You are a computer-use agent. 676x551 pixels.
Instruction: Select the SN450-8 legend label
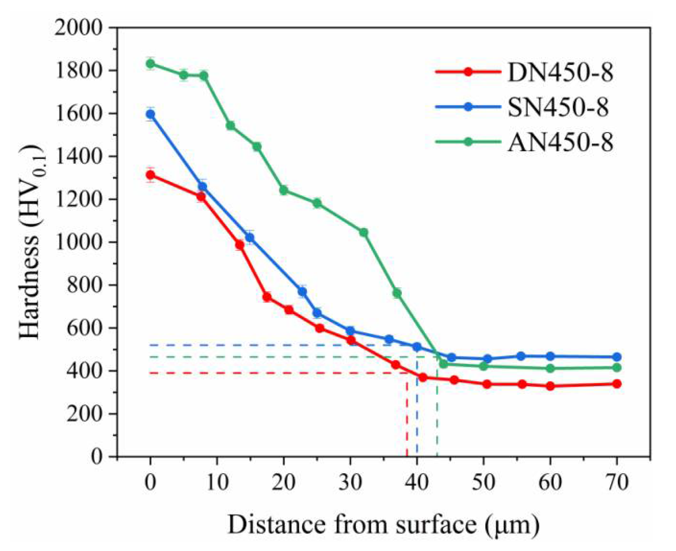coord(558,107)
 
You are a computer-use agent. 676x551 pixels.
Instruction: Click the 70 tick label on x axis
coord(617,483)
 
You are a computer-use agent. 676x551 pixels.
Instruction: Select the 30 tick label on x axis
coord(350,483)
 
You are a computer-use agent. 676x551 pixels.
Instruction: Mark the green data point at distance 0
coord(150,64)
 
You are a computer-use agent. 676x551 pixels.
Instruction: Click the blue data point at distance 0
coord(150,114)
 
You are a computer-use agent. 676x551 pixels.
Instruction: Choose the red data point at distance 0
coord(150,175)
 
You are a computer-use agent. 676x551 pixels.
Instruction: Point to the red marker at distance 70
coord(617,384)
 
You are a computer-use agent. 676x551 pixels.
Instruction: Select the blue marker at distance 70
coord(617,357)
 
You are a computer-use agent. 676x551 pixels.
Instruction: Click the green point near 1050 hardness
coord(363,233)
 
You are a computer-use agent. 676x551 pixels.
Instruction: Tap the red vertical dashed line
coord(407,419)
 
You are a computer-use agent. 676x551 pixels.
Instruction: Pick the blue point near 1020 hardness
coord(250,237)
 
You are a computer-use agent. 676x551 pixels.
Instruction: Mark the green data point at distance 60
coord(550,368)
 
